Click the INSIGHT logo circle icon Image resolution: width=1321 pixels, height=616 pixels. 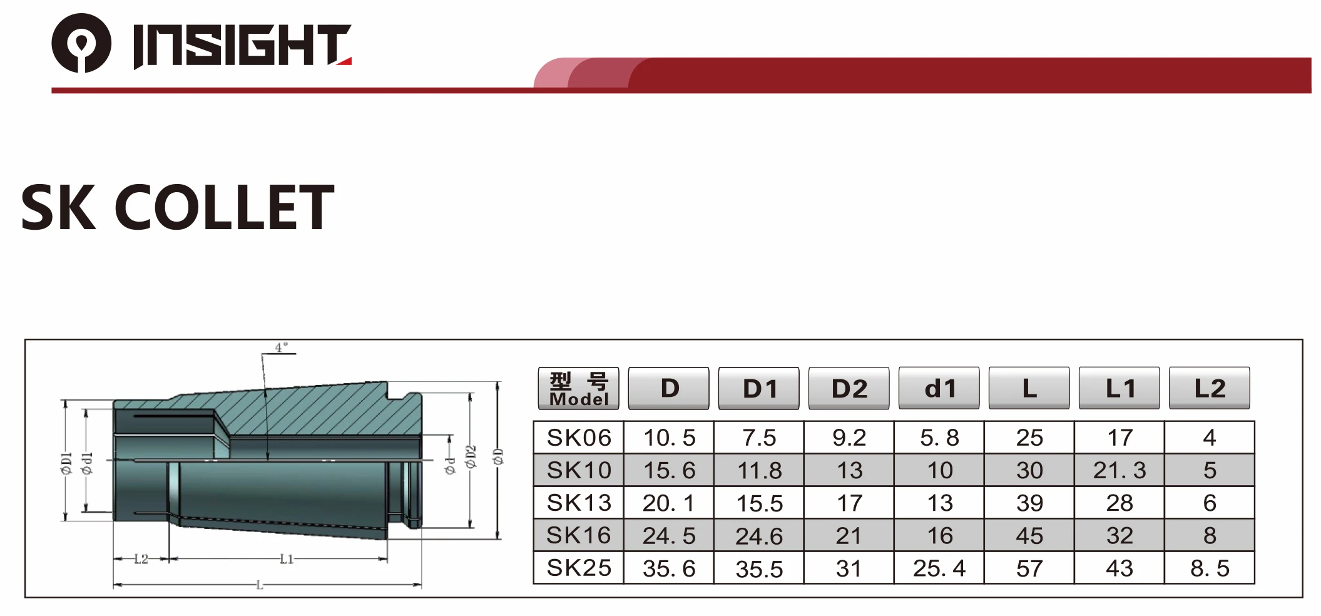point(81,43)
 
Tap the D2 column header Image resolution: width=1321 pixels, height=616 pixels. point(849,389)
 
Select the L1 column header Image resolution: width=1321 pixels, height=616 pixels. point(1119,389)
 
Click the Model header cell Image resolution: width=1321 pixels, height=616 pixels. point(578,389)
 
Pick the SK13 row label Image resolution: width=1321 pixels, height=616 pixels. point(578,503)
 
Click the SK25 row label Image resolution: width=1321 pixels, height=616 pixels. point(578,568)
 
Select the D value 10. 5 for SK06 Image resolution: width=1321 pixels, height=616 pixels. point(669,438)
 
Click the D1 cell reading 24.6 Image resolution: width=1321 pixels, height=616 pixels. point(758,536)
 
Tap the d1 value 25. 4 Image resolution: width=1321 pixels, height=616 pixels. point(939,568)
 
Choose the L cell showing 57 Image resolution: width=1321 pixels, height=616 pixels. point(1029,568)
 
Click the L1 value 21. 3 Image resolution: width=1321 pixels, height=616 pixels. point(1119,470)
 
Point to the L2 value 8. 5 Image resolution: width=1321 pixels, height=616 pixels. point(1209,568)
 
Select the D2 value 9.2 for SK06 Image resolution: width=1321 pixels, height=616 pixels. point(849,438)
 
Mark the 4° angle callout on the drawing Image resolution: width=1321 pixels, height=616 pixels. point(281,347)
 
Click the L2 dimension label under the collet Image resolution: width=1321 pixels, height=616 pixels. point(141,558)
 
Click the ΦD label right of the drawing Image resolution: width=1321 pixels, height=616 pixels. point(498,456)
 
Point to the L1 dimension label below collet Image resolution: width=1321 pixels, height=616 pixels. point(287,558)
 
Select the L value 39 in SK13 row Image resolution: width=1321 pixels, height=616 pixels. point(1029,503)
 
